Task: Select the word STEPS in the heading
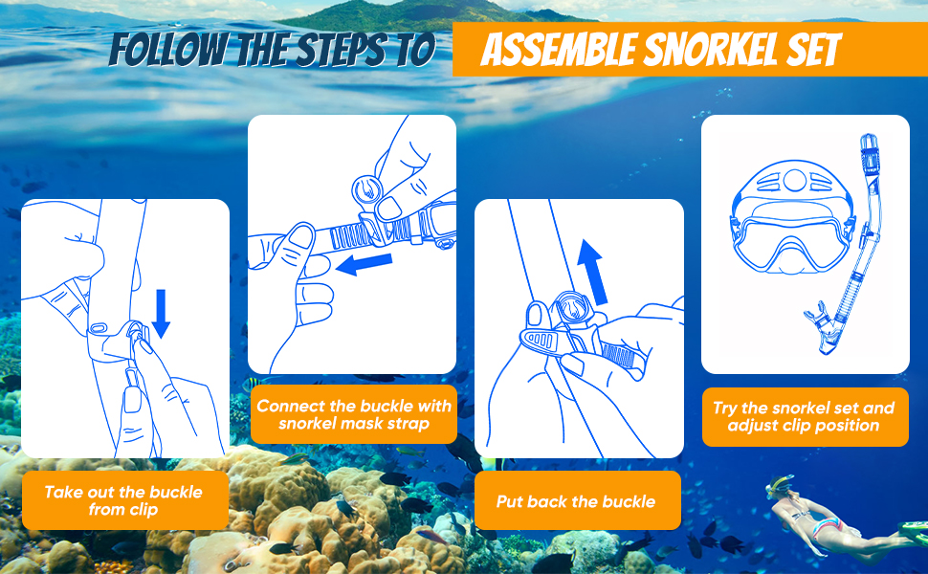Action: click(x=335, y=50)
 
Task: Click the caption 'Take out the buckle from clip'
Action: click(x=123, y=500)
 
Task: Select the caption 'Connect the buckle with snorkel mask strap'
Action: click(x=353, y=415)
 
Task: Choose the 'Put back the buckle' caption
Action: click(x=576, y=501)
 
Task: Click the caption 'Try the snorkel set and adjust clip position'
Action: click(x=804, y=416)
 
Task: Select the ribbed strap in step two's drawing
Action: click(x=349, y=232)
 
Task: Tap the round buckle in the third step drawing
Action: click(x=569, y=309)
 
